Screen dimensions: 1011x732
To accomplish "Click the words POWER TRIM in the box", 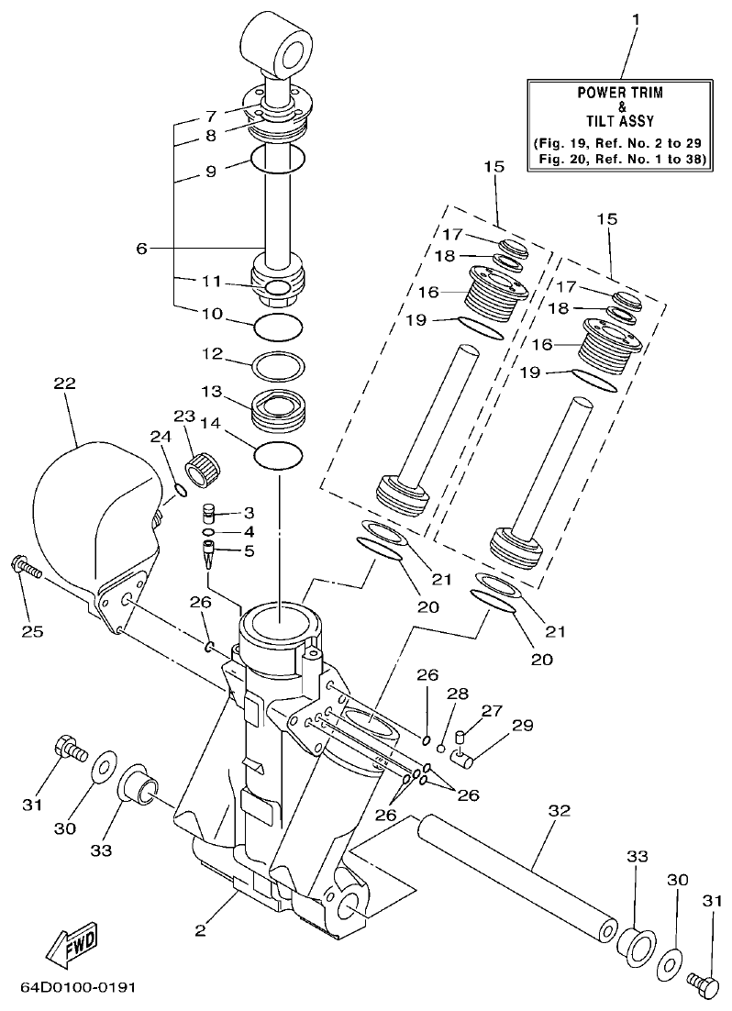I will (620, 93).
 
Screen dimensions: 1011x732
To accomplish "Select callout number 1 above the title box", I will (631, 18).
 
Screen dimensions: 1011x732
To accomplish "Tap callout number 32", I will (559, 811).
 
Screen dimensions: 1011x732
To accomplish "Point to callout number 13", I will (212, 392).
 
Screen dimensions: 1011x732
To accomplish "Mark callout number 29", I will (522, 725).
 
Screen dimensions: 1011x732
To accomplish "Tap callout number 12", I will (212, 353).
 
